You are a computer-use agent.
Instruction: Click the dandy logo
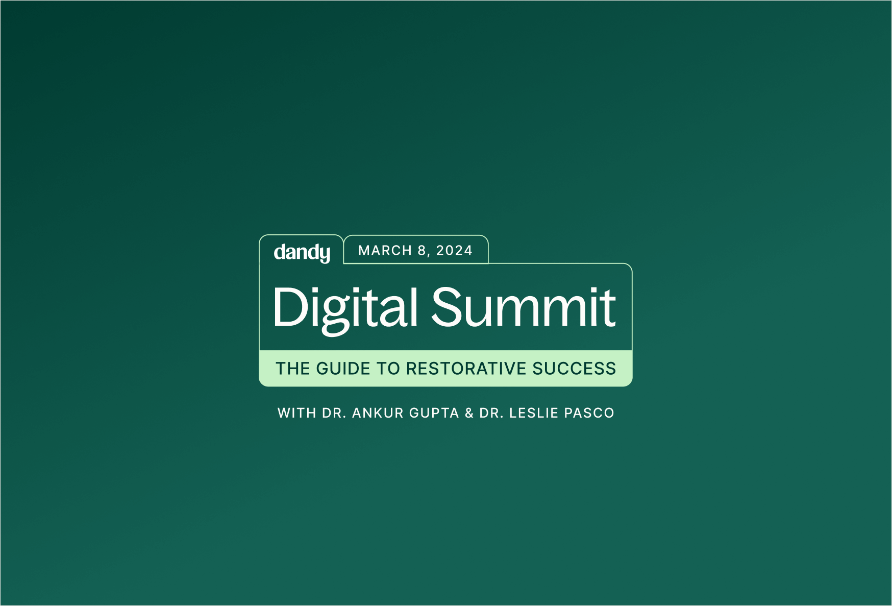coord(302,253)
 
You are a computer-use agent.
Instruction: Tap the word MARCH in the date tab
coord(385,251)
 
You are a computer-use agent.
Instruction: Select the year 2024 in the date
coord(454,251)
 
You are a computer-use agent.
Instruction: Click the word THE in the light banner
coord(293,369)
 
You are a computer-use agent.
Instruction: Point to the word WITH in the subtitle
coord(296,413)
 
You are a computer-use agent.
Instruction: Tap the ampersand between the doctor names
coord(469,413)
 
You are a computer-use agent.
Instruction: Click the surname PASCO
coord(589,413)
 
